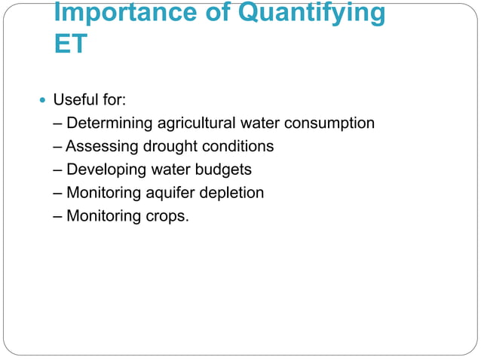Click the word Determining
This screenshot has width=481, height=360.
(109, 123)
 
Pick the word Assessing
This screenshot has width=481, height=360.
(100, 146)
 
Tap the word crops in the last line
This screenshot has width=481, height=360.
(161, 216)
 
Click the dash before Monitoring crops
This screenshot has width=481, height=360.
(59, 216)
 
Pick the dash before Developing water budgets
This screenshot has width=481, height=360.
(59, 169)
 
